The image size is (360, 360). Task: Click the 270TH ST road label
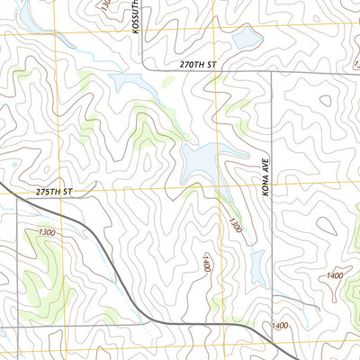pos(199,65)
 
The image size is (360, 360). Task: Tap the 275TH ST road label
pos(53,193)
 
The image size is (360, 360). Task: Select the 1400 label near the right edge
pos(335,275)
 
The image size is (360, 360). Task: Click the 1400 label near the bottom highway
pos(278,325)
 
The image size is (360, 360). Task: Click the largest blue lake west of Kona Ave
pos(203,162)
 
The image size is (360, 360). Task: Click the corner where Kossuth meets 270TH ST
pos(146,68)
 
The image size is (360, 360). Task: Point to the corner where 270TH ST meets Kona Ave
pos(273,72)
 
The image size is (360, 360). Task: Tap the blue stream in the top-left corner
pos(27,13)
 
